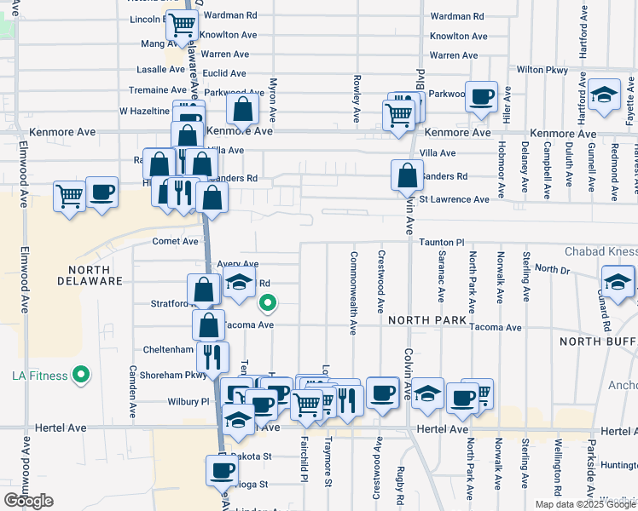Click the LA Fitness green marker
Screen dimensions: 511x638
pyautogui.click(x=81, y=375)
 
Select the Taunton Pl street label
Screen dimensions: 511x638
pyautogui.click(x=441, y=243)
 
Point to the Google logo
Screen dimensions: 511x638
pyautogui.click(x=28, y=500)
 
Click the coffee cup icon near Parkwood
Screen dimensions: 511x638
pyautogui.click(x=481, y=97)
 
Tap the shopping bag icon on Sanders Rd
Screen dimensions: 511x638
pyautogui.click(x=408, y=175)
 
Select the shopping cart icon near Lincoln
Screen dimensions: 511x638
pyautogui.click(x=181, y=26)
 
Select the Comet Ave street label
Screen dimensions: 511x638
pyautogui.click(x=175, y=241)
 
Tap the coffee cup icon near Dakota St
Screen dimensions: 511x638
pyautogui.click(x=220, y=469)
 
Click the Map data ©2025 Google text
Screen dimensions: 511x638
pyautogui.click(x=584, y=504)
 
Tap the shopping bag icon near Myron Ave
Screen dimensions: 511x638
pyautogui.click(x=242, y=109)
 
